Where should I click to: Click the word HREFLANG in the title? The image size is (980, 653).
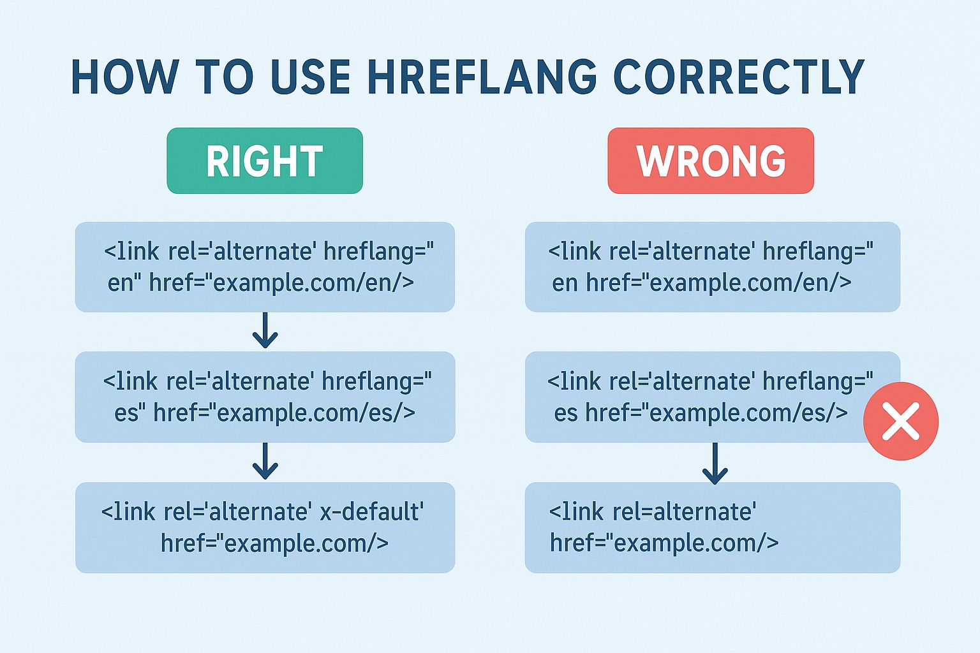[x=482, y=77]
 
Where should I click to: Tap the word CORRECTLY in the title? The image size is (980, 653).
[x=738, y=77]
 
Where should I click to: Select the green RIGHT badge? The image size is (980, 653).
[x=265, y=161]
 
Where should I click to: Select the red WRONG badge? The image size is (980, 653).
[x=711, y=161]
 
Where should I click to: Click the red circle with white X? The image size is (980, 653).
[x=900, y=421]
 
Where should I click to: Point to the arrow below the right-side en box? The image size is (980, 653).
[x=265, y=330]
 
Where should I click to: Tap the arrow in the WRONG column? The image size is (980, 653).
[x=715, y=463]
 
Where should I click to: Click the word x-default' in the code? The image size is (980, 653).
[x=371, y=511]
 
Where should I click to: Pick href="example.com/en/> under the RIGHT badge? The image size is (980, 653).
[x=281, y=282]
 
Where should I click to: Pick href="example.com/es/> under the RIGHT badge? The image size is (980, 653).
[x=285, y=413]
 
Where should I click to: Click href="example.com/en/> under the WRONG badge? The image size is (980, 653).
[x=718, y=282]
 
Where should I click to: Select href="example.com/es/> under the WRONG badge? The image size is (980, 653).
[x=716, y=413]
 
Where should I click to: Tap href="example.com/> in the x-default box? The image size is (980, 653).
[x=274, y=543]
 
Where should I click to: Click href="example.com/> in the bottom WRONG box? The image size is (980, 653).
[x=664, y=543]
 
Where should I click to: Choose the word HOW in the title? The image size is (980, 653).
[x=124, y=77]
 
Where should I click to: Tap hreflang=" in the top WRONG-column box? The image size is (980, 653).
[x=817, y=252]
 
